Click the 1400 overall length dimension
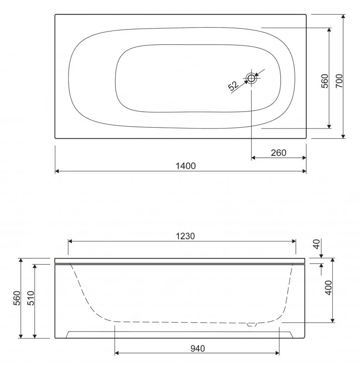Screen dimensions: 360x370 coord(186,166)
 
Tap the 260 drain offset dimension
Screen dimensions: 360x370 coord(279,153)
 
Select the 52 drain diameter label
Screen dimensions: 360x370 coord(234,86)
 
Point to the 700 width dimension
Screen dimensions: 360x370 coord(339,81)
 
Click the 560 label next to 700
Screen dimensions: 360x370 coord(325,81)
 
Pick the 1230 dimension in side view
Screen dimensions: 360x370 coord(186,236)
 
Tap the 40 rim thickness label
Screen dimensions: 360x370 coord(317,244)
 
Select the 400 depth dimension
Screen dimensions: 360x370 coord(329,288)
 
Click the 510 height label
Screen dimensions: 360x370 coord(31,298)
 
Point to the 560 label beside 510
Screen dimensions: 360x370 coord(17,298)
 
